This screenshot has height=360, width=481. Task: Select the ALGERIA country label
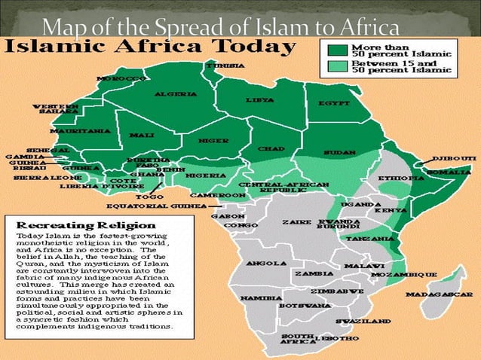[x=176, y=94]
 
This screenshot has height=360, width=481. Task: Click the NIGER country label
[x=213, y=140]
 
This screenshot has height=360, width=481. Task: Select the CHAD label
[x=271, y=148]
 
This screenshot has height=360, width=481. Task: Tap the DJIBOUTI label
[x=454, y=159]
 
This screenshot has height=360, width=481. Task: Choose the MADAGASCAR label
[x=440, y=294]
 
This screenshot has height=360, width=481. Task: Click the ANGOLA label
[x=266, y=264]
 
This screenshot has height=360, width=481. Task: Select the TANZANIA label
[x=371, y=239]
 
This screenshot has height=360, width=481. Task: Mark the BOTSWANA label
[x=304, y=306]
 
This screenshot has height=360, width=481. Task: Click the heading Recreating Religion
[x=86, y=224]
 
